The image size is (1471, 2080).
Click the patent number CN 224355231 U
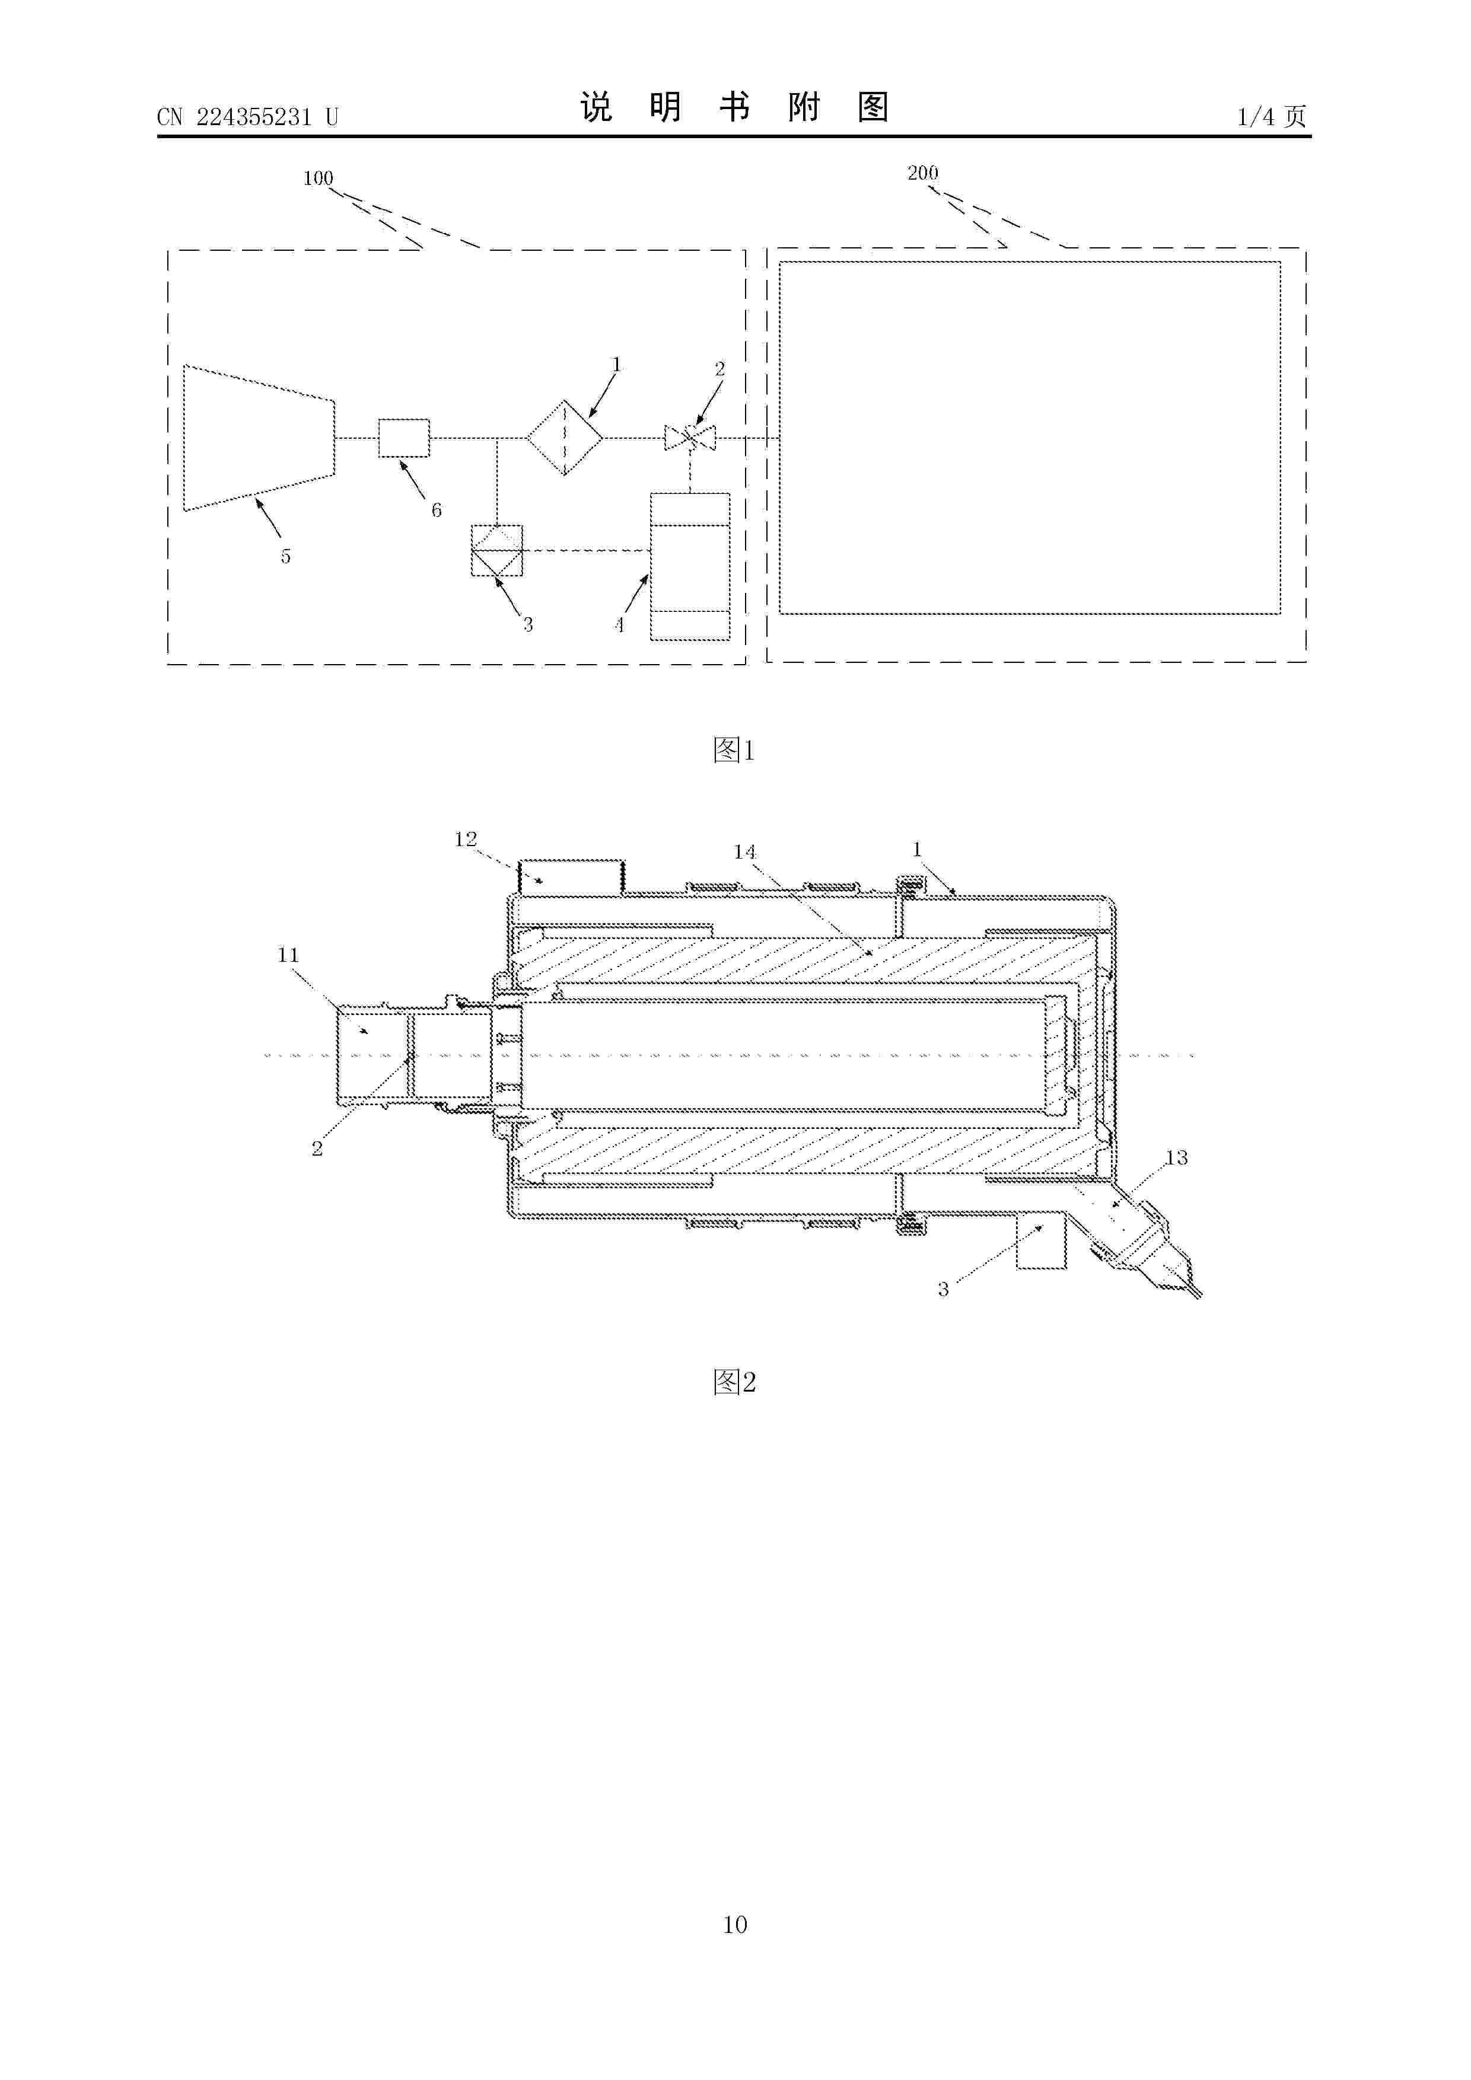(247, 117)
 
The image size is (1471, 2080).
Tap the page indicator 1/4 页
(1272, 116)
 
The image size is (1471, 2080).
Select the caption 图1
(734, 749)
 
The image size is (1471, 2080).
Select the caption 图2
(734, 1382)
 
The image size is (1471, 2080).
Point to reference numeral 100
(318, 178)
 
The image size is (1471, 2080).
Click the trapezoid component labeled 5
(259, 438)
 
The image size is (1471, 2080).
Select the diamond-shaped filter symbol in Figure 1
(565, 438)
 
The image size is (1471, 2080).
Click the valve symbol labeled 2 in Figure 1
(690, 438)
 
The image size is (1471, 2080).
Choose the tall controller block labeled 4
(690, 567)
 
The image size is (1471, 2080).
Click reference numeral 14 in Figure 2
(744, 851)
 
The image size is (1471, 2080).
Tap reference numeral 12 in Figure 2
(466, 840)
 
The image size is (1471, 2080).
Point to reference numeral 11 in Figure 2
(288, 955)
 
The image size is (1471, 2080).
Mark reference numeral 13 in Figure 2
(1176, 1158)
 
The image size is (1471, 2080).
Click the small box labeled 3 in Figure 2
(1042, 1241)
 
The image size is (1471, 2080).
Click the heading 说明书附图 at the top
(734, 107)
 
